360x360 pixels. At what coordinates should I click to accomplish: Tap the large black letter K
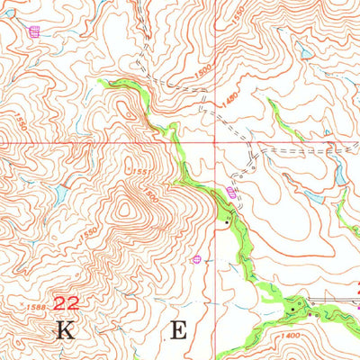[x=65, y=330]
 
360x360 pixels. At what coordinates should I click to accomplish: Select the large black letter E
[x=179, y=330]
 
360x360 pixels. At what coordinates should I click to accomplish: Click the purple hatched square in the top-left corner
[x=34, y=32]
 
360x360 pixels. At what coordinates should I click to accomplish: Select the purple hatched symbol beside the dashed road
[x=231, y=193]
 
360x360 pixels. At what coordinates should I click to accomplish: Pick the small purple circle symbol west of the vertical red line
[x=195, y=259]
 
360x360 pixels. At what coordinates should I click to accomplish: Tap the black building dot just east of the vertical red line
[x=226, y=219]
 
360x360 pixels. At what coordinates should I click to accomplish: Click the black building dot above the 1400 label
[x=296, y=309]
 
